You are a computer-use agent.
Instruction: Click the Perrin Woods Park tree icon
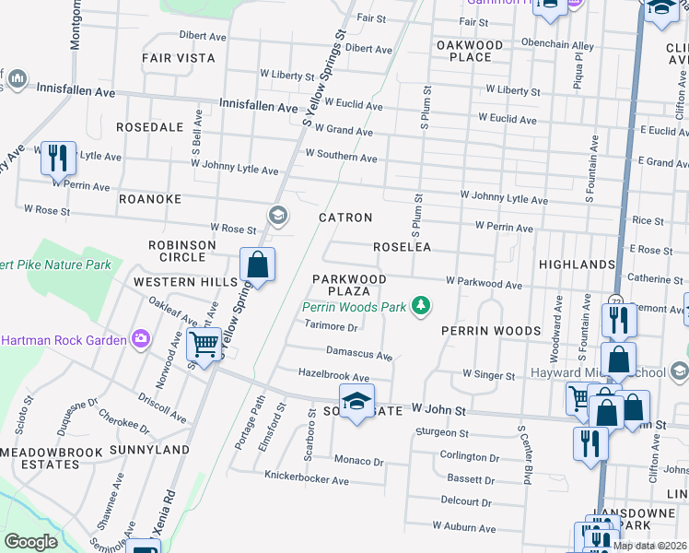(421, 305)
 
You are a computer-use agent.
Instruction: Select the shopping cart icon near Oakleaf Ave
(204, 346)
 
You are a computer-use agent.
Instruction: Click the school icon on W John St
(356, 402)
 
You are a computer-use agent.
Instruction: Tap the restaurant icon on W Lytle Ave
(59, 158)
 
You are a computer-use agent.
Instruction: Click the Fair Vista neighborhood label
(179, 58)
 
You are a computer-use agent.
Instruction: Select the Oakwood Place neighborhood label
(470, 51)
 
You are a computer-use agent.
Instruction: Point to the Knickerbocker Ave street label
(307, 480)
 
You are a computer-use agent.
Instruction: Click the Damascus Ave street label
(359, 355)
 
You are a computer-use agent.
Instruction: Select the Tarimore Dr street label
(331, 326)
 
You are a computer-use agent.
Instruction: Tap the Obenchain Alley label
(557, 45)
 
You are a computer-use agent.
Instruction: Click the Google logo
(30, 542)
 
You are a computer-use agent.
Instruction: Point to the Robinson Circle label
(182, 252)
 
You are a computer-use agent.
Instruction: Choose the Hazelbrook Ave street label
(333, 377)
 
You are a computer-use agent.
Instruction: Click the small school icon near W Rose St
(277, 216)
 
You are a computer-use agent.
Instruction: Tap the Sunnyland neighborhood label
(149, 450)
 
